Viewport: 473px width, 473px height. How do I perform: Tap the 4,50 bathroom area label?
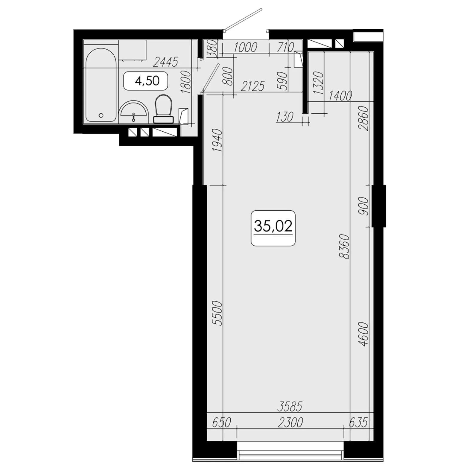(147, 80)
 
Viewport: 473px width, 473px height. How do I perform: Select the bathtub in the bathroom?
(101, 85)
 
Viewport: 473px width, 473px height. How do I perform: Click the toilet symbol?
(163, 109)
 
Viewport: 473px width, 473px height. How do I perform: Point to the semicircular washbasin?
(134, 112)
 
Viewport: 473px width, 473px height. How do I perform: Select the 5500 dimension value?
(218, 313)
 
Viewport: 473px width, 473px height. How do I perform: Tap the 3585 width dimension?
(290, 407)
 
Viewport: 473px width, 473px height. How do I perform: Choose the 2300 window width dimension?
(290, 423)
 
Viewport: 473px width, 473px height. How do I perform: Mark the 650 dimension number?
(221, 423)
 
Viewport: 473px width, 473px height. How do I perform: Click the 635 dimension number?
(358, 423)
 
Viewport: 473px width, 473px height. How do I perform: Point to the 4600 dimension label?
(364, 334)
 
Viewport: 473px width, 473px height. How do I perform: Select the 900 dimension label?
(364, 206)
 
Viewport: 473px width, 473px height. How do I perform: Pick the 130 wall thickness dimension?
(285, 117)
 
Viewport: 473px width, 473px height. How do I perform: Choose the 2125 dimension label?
(253, 86)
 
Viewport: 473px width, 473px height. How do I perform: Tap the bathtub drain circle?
(101, 115)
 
